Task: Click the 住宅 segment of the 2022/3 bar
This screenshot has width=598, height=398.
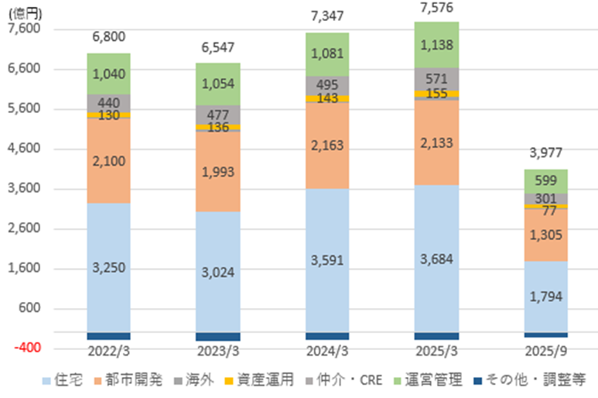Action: (x=108, y=267)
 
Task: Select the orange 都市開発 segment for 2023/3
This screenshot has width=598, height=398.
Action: (x=217, y=171)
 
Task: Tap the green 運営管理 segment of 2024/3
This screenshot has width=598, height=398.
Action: (x=327, y=54)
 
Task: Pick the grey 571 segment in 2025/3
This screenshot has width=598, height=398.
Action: (x=436, y=79)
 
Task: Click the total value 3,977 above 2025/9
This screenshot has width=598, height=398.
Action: (x=546, y=153)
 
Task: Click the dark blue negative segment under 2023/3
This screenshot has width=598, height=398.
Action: (x=217, y=337)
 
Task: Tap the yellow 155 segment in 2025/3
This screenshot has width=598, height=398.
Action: (x=436, y=94)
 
